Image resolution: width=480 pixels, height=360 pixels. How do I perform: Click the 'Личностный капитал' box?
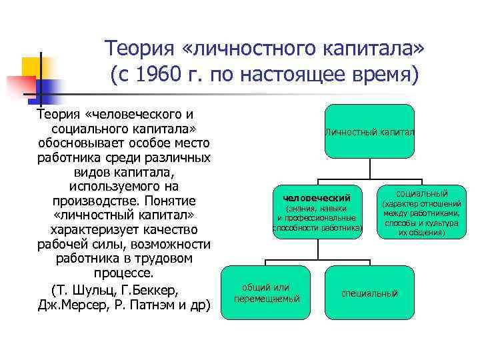click(370, 133)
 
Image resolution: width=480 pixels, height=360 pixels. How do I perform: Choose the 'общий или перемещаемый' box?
click(267, 293)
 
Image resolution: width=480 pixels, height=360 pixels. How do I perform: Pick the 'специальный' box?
click(369, 293)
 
